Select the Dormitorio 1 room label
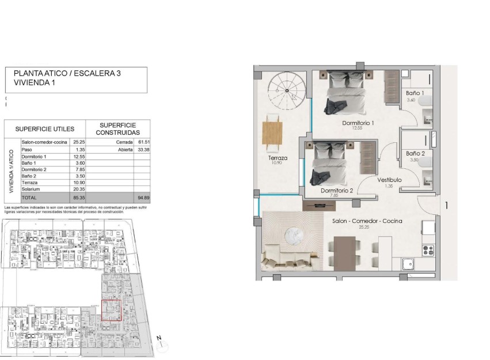coord(358,123)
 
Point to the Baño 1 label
coord(415,93)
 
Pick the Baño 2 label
coord(415,154)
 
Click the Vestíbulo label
coord(389,180)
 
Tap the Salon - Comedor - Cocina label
coord(367,221)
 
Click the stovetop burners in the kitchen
coord(428,249)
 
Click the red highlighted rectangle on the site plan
coord(112,310)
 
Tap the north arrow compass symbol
coord(162,343)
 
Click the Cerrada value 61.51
coord(143,142)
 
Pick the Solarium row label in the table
coord(31,189)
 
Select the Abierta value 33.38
coord(143,149)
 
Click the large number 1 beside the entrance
coord(446,204)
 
